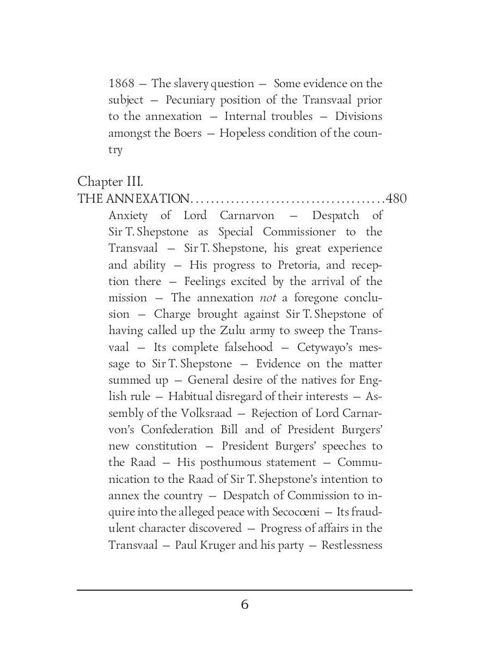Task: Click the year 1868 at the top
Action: click(120, 84)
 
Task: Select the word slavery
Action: click(191, 84)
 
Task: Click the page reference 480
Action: click(396, 198)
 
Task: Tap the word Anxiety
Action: click(127, 215)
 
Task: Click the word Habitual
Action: click(191, 396)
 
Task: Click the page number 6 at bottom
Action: click(244, 605)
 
